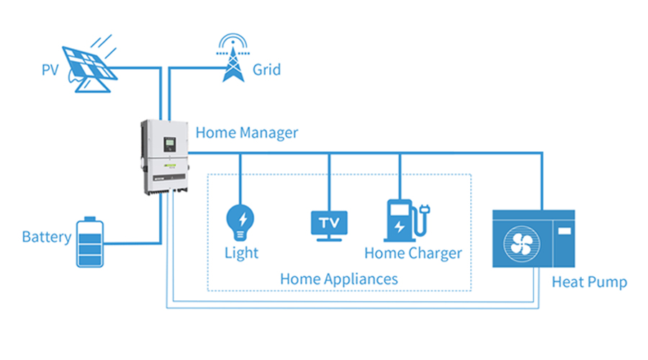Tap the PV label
coord(50,71)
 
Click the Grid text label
coord(266,70)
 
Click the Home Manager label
coord(246,132)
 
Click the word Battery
coord(46,237)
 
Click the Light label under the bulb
coord(241,253)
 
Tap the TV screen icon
coord(330,222)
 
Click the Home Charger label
coord(413,253)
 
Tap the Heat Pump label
coord(589,282)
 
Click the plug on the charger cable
coord(426,211)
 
